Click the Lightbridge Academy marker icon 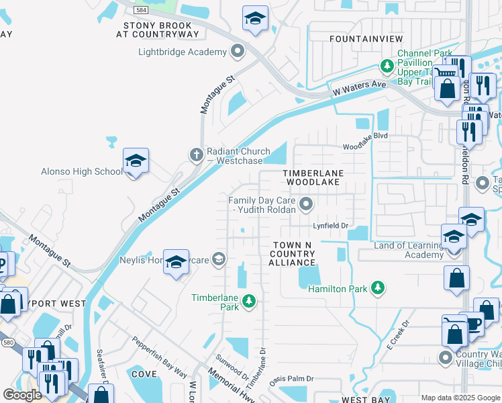point(237,52)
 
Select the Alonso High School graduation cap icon point(136,162)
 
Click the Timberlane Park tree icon point(249,302)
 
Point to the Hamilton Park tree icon point(379,288)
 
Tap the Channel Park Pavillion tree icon point(387,66)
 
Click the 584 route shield point(141,10)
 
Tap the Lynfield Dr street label point(331,226)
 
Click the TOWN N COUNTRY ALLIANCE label point(292,253)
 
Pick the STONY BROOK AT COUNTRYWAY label point(162,30)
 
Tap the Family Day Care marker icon point(307,203)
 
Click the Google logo point(22,395)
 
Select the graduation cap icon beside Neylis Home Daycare point(176,262)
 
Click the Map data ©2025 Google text point(460,398)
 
